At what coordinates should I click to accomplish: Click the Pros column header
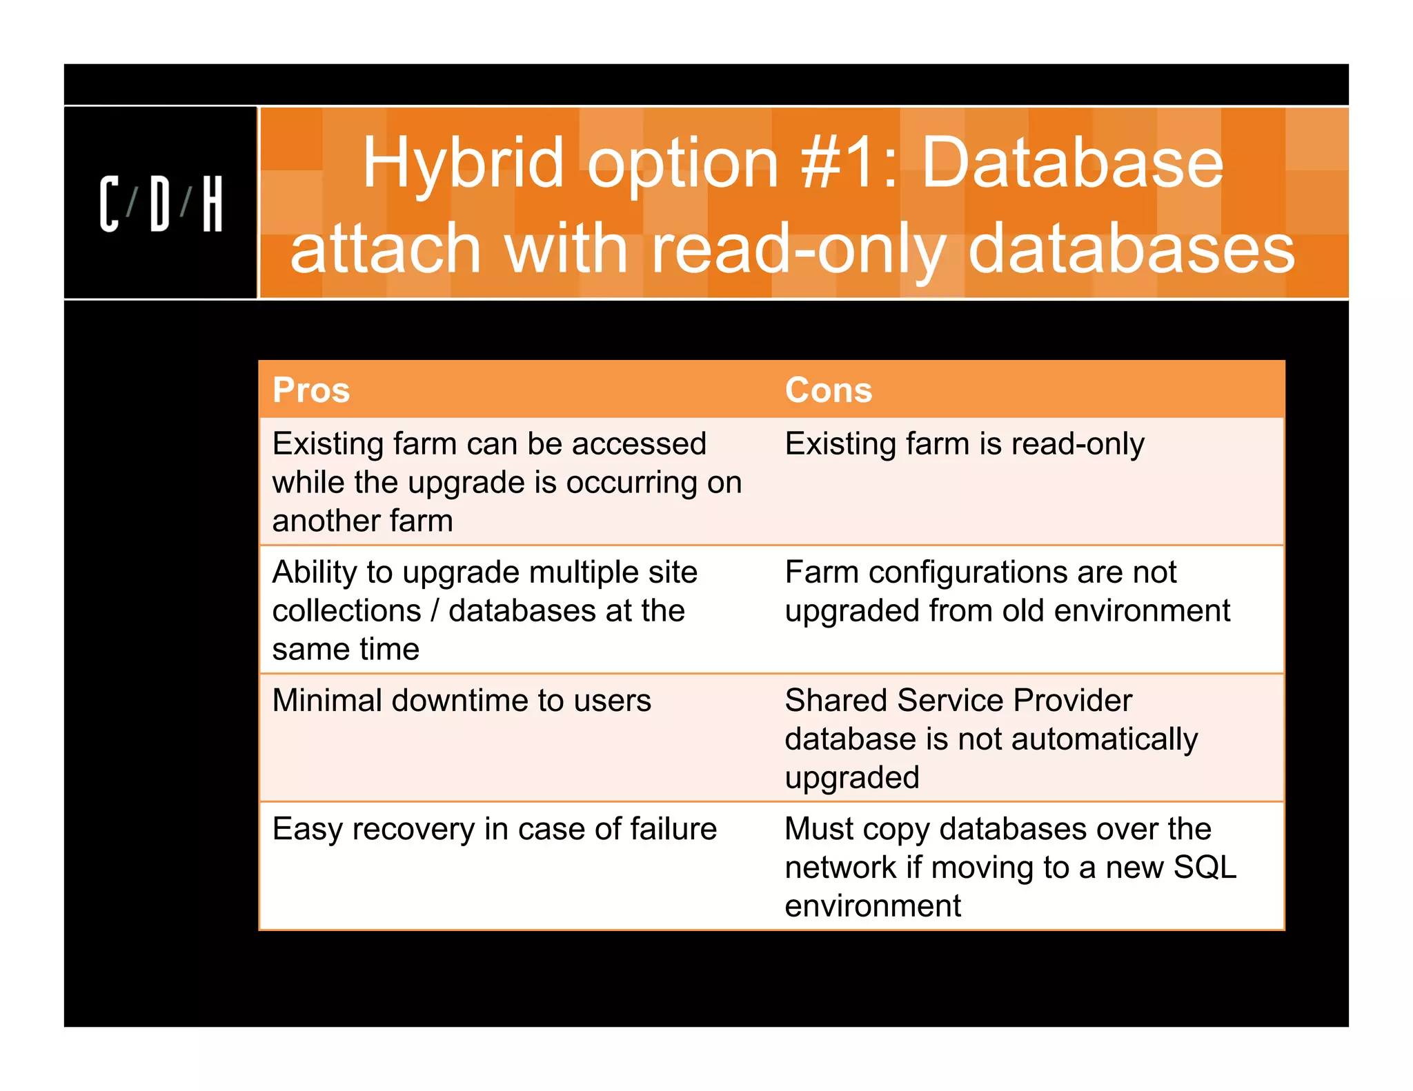(311, 390)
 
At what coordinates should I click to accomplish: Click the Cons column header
(828, 390)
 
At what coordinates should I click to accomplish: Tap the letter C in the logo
(110, 204)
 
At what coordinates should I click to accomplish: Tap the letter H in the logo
(213, 204)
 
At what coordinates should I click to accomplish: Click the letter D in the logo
(160, 204)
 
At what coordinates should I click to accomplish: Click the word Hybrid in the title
(463, 164)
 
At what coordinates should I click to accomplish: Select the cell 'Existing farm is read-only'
(964, 444)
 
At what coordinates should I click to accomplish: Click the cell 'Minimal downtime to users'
(462, 701)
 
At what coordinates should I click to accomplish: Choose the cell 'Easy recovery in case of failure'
(494, 829)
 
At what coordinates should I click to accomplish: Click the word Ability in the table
(313, 573)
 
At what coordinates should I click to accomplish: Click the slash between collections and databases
(435, 611)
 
